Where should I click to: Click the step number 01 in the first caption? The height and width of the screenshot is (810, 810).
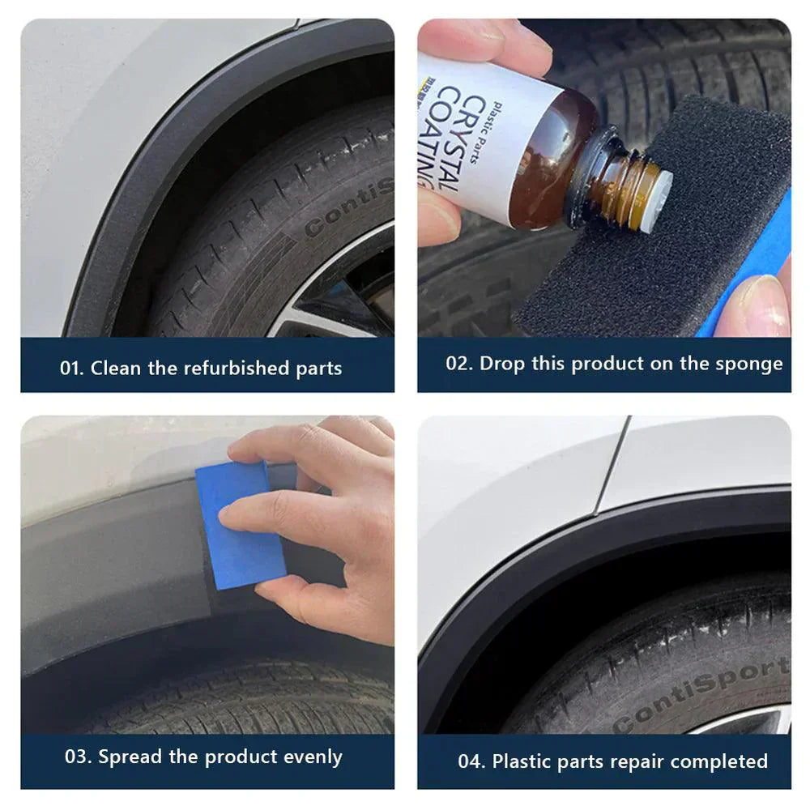coord(70,369)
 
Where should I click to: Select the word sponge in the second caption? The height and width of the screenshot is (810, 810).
coord(755,364)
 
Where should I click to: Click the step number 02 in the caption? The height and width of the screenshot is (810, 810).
coord(458,364)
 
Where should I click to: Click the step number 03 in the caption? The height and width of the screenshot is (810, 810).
coord(77,757)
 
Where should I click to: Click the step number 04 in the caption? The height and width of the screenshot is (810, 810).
coord(471,761)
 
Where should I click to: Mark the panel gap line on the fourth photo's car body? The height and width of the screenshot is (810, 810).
coord(612,466)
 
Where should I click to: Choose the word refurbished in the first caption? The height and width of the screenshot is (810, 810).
coord(235,369)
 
